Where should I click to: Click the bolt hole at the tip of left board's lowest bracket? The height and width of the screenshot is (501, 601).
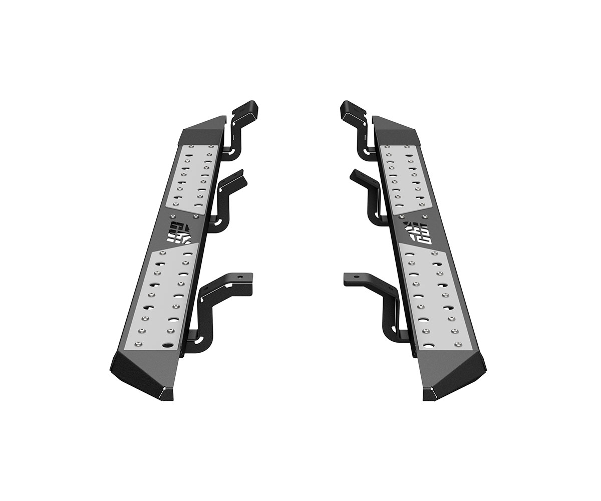[x=241, y=277]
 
